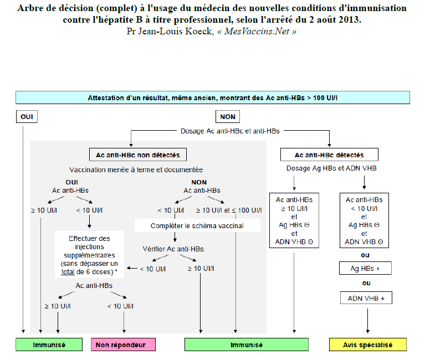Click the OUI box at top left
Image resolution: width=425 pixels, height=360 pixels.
26,117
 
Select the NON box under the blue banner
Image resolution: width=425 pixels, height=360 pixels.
227,117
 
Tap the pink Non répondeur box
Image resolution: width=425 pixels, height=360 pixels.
123,344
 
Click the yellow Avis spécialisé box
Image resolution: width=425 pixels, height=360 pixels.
367,344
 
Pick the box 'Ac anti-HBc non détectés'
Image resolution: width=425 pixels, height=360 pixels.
138,155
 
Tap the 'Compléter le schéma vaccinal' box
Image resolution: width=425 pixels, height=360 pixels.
197,226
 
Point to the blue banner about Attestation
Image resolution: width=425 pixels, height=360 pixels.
213,98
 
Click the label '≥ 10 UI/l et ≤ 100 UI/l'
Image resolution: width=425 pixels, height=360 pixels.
228,210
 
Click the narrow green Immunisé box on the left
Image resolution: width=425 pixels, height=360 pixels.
49,344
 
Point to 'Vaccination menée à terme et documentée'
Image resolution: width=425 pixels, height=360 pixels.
136,169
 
